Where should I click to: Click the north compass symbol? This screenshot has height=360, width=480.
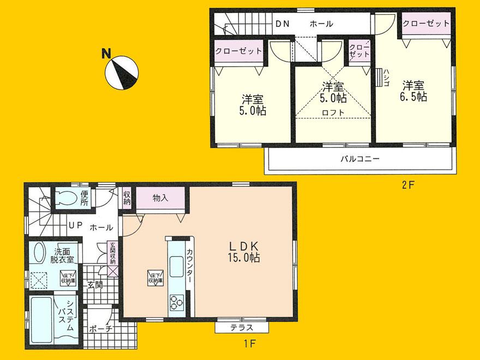pyautogui.click(x=123, y=73)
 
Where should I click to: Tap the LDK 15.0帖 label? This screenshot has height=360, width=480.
pyautogui.click(x=241, y=251)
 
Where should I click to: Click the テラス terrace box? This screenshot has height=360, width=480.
pyautogui.click(x=241, y=327)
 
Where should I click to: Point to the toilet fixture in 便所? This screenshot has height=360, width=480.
pyautogui.click(x=66, y=198)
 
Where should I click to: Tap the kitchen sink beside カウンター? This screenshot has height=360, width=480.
pyautogui.click(x=177, y=267)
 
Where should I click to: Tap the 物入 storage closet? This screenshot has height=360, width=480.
pyautogui.click(x=160, y=198)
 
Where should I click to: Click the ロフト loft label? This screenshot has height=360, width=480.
pyautogui.click(x=333, y=112)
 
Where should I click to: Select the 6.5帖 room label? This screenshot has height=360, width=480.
pyautogui.click(x=415, y=91)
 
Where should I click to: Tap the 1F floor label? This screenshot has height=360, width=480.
pyautogui.click(x=250, y=343)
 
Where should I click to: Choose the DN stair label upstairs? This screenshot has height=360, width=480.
pyautogui.click(x=282, y=24)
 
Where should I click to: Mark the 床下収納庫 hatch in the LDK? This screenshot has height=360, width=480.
pyautogui.click(x=153, y=279)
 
